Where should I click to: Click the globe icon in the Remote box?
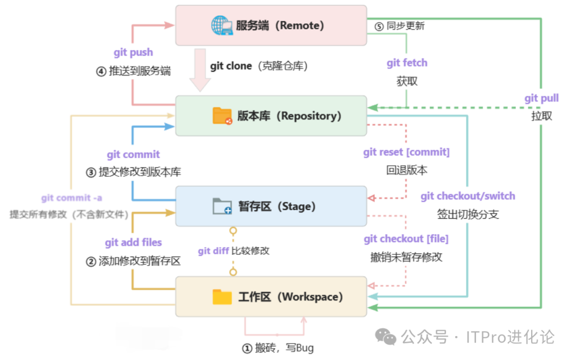click(222, 25)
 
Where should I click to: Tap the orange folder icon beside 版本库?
click(222, 116)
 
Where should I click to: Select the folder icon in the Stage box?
click(222, 206)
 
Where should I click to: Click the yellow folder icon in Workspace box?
click(222, 297)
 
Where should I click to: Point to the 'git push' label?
click(133, 52)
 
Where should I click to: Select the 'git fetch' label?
click(407, 63)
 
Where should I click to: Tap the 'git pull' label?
click(542, 98)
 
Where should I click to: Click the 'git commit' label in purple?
click(133, 155)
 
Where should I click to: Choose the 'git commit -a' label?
click(72, 198)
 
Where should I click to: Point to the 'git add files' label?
click(133, 243)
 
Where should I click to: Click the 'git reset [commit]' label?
click(406, 152)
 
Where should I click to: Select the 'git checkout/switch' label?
click(468, 196)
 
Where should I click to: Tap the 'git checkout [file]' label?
click(406, 239)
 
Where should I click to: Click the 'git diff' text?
click(213, 251)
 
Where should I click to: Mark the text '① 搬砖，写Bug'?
click(277, 348)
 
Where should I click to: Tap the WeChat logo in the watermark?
click(386, 337)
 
